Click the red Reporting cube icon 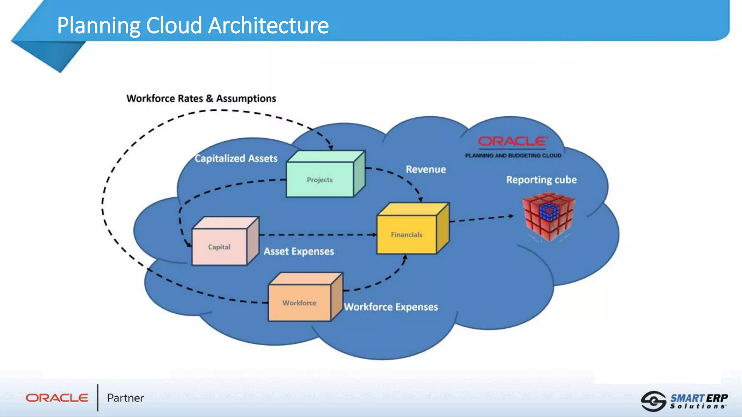click(548, 216)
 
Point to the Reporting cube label click(541, 180)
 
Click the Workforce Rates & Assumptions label click(201, 98)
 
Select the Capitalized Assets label click(236, 159)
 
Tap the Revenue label click(426, 169)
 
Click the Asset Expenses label click(299, 251)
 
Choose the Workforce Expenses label click(391, 307)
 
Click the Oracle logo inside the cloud click(512, 142)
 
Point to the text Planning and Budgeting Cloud click(513, 156)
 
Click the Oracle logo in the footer click(57, 398)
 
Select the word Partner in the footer click(125, 398)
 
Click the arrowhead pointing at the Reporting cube click(511, 216)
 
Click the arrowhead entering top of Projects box click(331, 147)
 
